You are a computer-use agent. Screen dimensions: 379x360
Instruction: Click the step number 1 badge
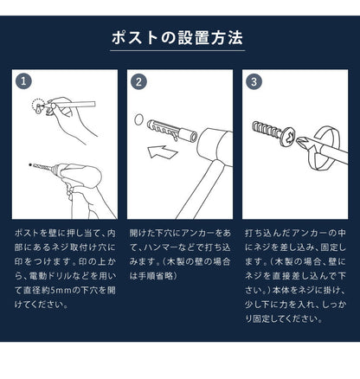23,82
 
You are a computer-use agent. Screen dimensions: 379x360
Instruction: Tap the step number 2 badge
138,82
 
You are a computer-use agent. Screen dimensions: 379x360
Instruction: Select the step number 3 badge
254,82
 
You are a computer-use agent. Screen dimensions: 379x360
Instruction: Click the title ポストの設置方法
179,39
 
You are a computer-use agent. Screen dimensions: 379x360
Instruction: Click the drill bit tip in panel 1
35,162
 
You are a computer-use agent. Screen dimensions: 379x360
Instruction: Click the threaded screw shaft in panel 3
268,136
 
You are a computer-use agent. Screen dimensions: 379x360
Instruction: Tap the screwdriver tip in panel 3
299,140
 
